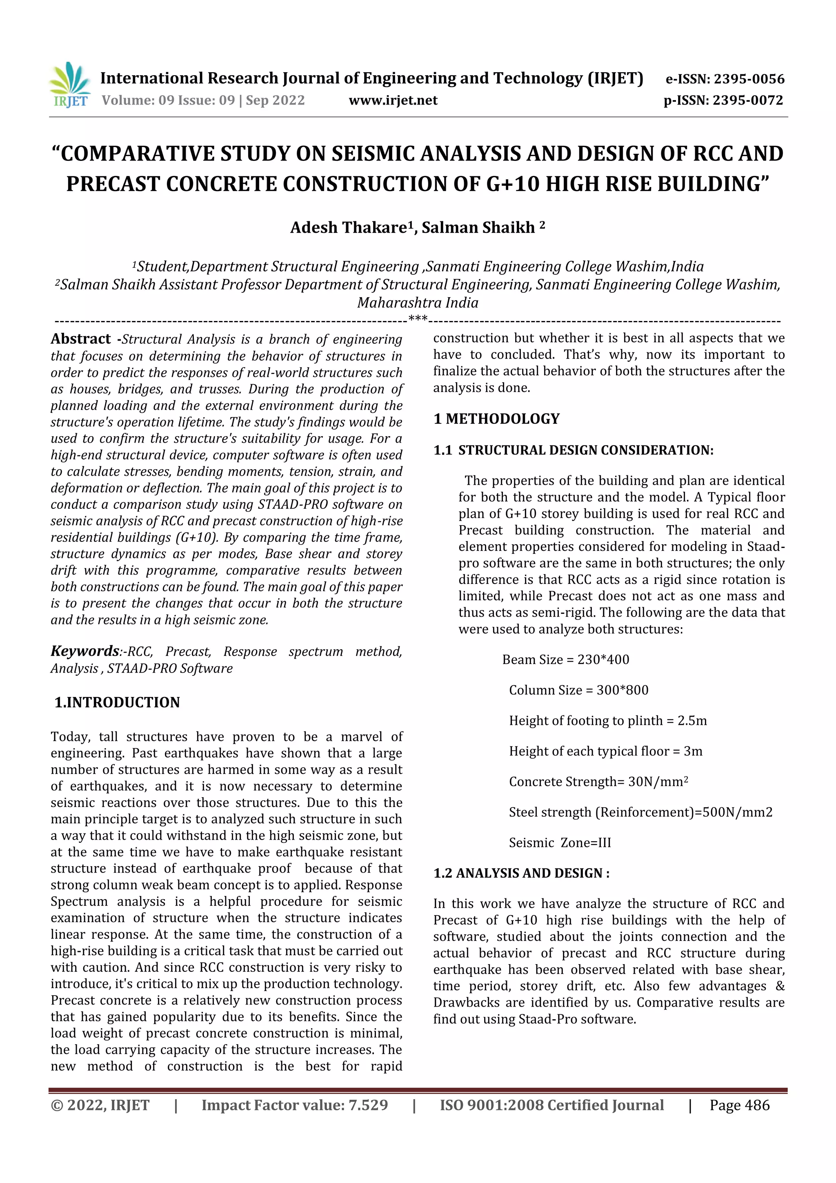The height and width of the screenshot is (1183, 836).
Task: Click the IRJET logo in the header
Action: [x=69, y=85]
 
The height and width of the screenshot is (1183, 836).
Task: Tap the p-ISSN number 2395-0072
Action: [x=747, y=100]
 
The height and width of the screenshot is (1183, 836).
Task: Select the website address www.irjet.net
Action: [x=393, y=100]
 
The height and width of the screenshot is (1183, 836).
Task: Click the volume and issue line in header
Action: [x=203, y=100]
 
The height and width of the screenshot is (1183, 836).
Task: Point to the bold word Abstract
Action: [x=80, y=339]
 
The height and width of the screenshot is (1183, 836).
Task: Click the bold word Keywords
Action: [x=84, y=651]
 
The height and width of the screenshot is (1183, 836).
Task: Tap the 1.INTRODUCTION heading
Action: [x=118, y=702]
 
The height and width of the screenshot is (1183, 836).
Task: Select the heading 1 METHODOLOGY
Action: [x=496, y=419]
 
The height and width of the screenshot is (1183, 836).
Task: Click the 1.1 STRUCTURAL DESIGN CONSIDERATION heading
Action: [x=573, y=450]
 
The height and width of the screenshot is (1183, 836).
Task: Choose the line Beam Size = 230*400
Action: [x=566, y=659]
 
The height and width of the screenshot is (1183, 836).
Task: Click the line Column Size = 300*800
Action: [x=578, y=690]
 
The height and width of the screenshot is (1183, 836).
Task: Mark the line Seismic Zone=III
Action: [x=560, y=842]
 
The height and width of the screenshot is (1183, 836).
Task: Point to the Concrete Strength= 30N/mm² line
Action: [x=598, y=782]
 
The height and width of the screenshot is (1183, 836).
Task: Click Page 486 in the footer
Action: [x=739, y=1105]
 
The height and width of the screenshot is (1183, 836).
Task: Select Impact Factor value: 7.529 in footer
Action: [x=295, y=1105]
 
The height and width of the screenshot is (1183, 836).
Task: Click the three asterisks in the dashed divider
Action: [x=418, y=319]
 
